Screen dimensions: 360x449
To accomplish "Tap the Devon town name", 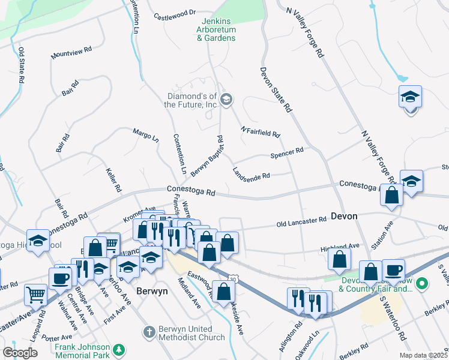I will coord(344,216).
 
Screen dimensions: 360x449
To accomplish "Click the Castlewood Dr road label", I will coord(175,13).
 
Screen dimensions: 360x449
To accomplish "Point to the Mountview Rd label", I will coord(71,52).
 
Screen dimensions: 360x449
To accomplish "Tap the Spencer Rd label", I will coord(287,153).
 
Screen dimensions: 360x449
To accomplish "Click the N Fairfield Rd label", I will coord(261,131).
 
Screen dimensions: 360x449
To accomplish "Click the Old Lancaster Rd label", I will coord(301,224).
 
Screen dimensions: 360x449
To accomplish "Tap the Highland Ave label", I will coord(341,245).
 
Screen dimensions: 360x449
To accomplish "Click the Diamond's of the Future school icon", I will coord(226,100).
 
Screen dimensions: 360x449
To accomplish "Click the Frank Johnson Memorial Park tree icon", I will coord(119,349).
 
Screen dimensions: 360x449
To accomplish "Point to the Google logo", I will coord(20,353).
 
